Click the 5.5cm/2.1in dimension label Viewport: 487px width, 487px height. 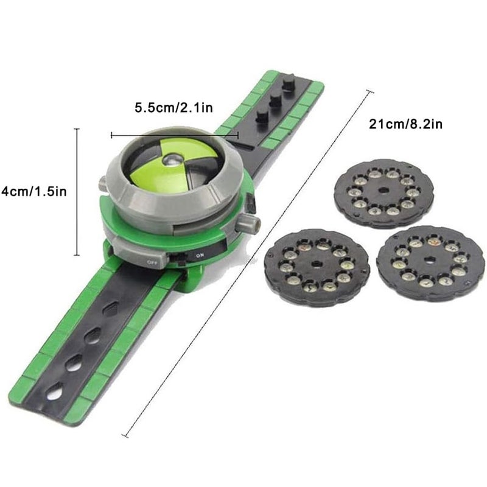tap(174, 108)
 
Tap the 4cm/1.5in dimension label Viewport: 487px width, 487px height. tap(34, 191)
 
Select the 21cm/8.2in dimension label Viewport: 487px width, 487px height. tap(405, 124)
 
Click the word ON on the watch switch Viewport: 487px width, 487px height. tap(200, 256)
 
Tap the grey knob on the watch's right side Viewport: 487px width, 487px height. tap(248, 223)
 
